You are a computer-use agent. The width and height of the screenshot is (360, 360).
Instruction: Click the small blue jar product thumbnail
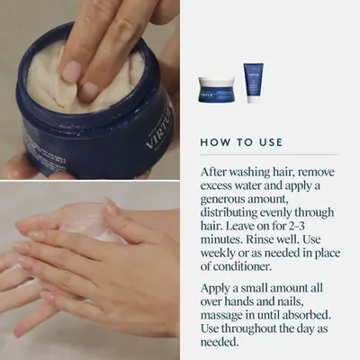tap(216, 90)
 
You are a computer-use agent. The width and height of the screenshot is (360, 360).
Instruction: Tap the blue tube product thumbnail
tap(254, 83)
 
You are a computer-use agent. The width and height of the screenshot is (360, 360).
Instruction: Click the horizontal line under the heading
tap(269, 155)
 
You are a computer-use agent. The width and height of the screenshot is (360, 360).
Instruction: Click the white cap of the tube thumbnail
tap(254, 99)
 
